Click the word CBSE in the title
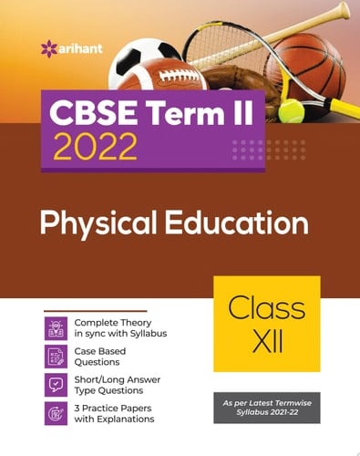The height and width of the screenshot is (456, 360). [x=91, y=112]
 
